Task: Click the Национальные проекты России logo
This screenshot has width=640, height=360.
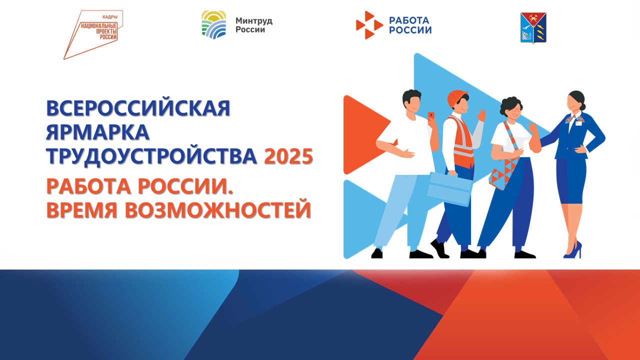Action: click(x=93, y=34)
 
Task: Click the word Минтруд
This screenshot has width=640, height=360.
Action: click(x=254, y=21)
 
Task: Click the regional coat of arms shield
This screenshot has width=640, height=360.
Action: click(x=533, y=28)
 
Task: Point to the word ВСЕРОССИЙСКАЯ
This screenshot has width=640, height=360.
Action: click(x=138, y=108)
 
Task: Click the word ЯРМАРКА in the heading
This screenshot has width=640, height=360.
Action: click(x=97, y=132)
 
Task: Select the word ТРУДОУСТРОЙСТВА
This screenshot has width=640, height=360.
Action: click(x=151, y=156)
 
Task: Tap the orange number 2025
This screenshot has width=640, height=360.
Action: click(x=288, y=156)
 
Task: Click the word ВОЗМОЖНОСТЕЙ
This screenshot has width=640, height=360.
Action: click(x=217, y=210)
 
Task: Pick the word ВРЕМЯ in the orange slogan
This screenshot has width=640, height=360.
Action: click(x=81, y=210)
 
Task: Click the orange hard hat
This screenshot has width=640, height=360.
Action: click(x=456, y=98)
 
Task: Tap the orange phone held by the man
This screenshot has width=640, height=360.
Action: click(x=431, y=115)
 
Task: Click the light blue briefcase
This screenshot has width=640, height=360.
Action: click(x=449, y=188)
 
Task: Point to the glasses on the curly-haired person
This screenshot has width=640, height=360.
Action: click(x=517, y=109)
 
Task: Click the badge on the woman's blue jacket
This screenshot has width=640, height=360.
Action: click(x=578, y=123)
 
